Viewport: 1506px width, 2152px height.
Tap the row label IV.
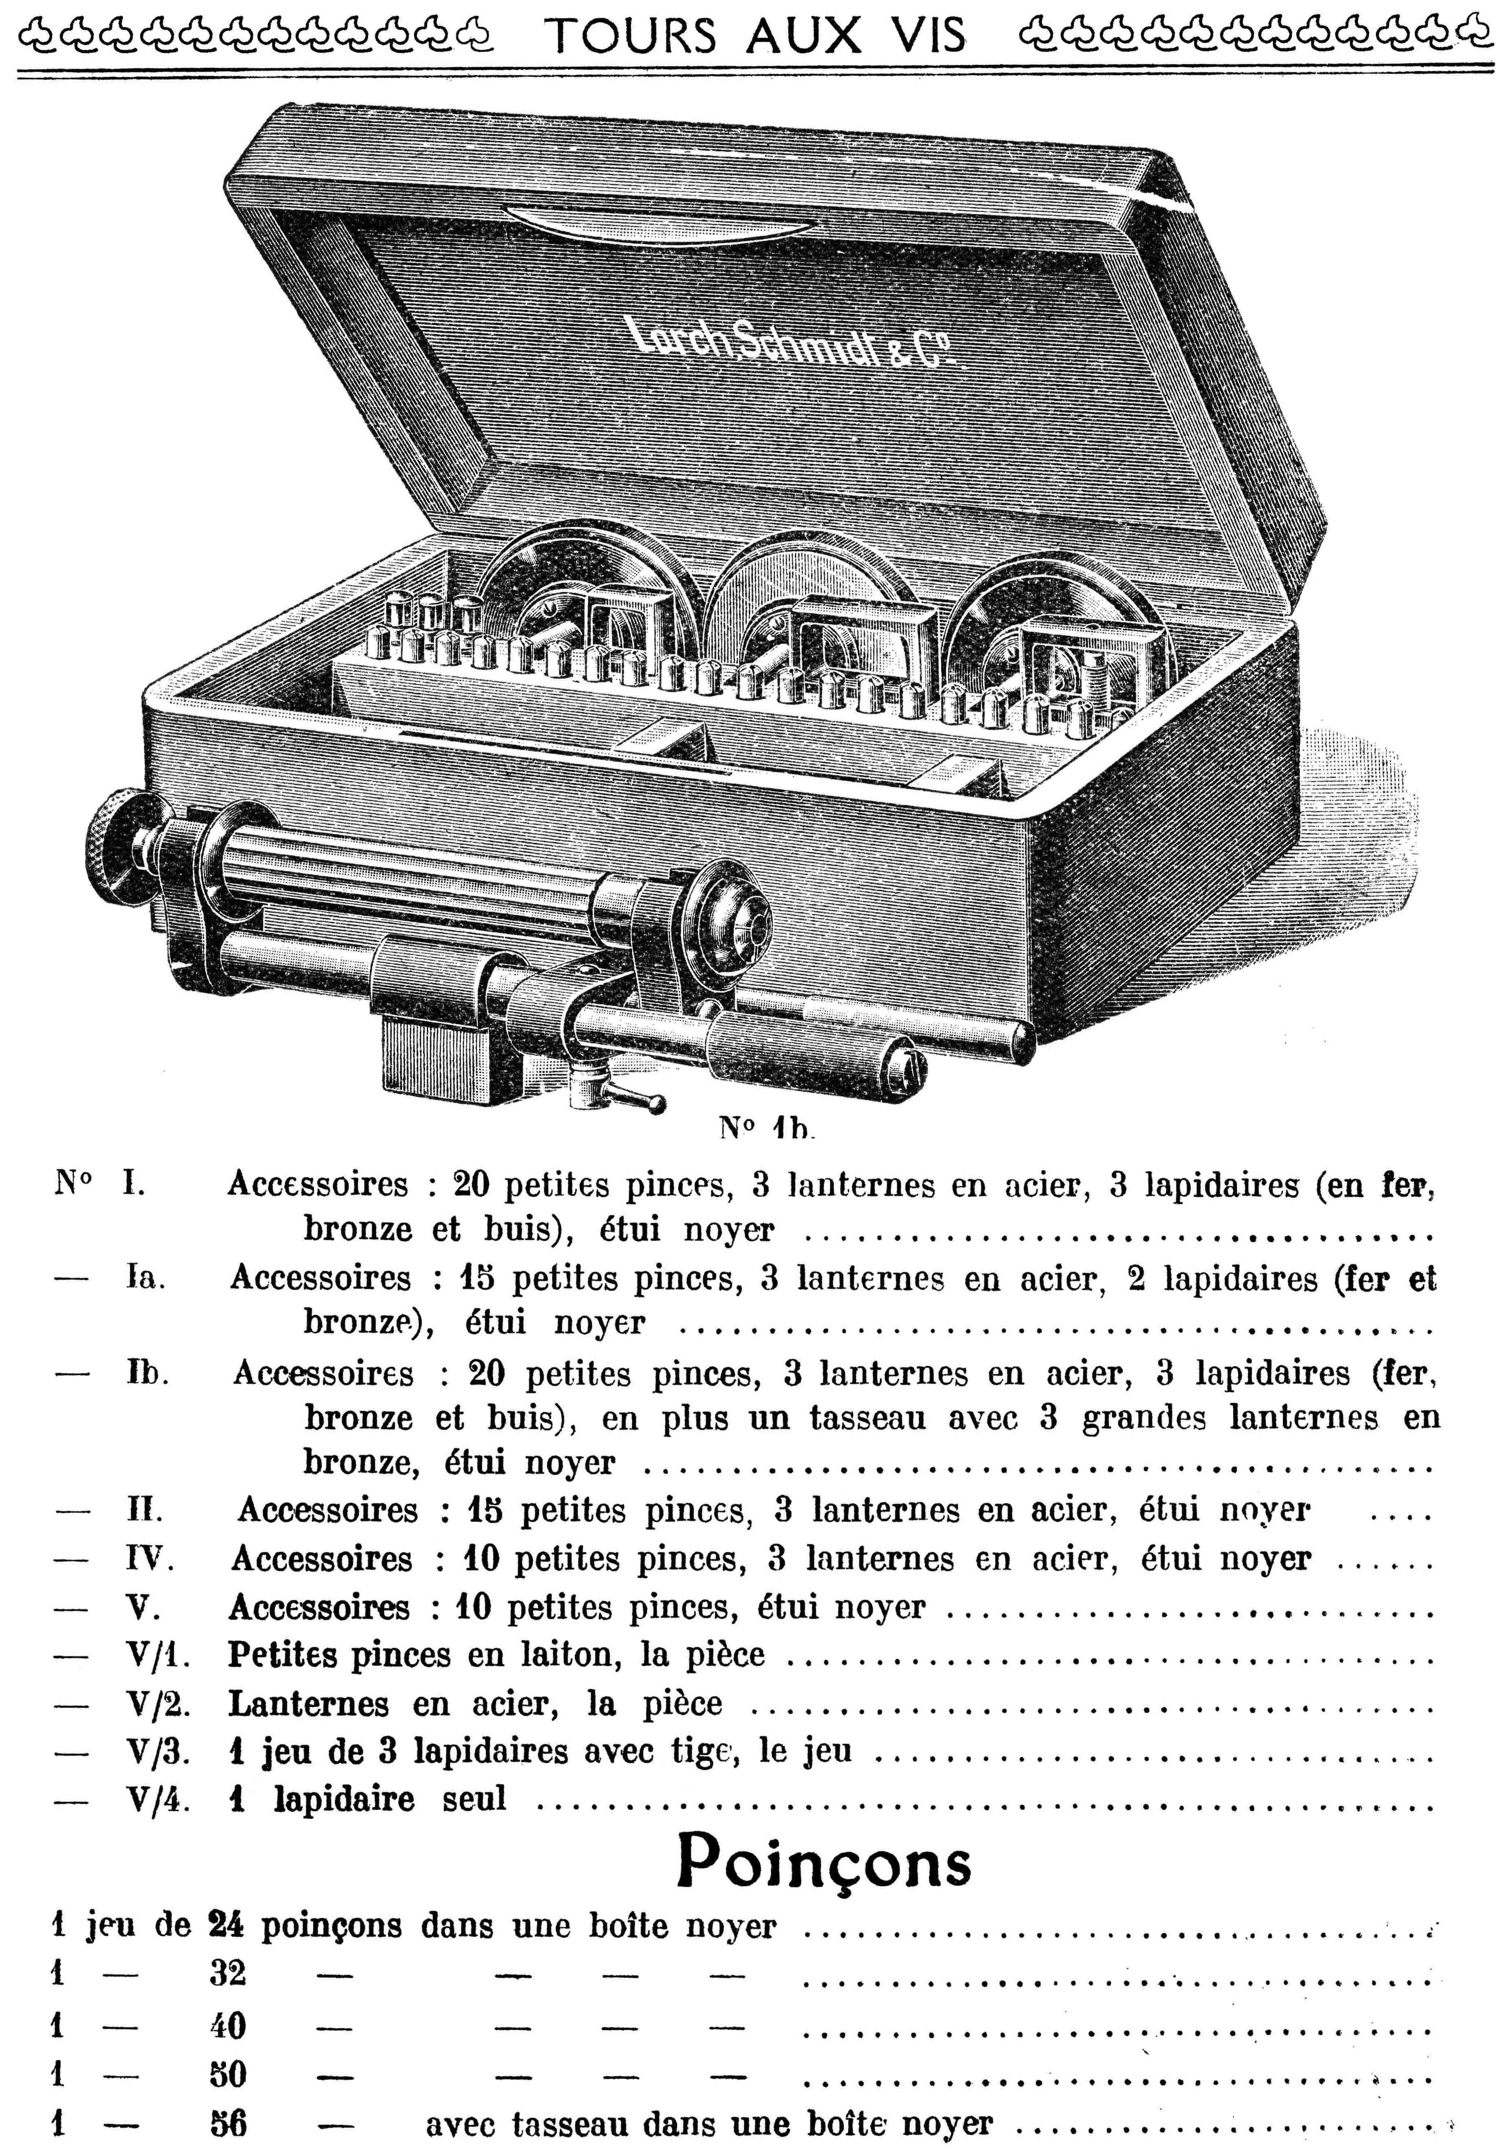(150, 1559)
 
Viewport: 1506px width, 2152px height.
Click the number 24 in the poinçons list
(227, 1926)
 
